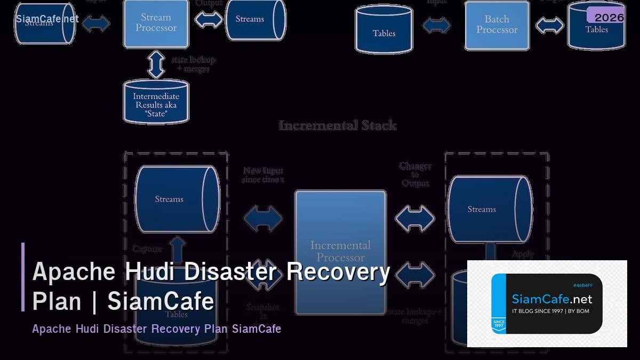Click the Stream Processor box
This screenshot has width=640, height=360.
156,23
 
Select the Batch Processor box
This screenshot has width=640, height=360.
497,25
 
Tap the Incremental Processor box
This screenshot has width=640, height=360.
340,251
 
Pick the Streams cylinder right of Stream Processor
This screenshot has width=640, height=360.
255,19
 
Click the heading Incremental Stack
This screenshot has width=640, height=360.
338,126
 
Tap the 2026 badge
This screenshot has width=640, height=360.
609,18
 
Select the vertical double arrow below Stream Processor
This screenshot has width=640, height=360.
156,64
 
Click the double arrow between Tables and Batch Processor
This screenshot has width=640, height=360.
437,25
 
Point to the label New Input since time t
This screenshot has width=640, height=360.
263,175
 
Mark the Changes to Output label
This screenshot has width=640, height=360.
415,174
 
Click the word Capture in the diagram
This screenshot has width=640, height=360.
147,249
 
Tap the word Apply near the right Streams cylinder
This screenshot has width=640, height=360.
523,254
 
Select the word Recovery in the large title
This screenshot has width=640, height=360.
338,272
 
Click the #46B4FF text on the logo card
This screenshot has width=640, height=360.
582,285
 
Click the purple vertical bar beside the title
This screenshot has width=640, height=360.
23,277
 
